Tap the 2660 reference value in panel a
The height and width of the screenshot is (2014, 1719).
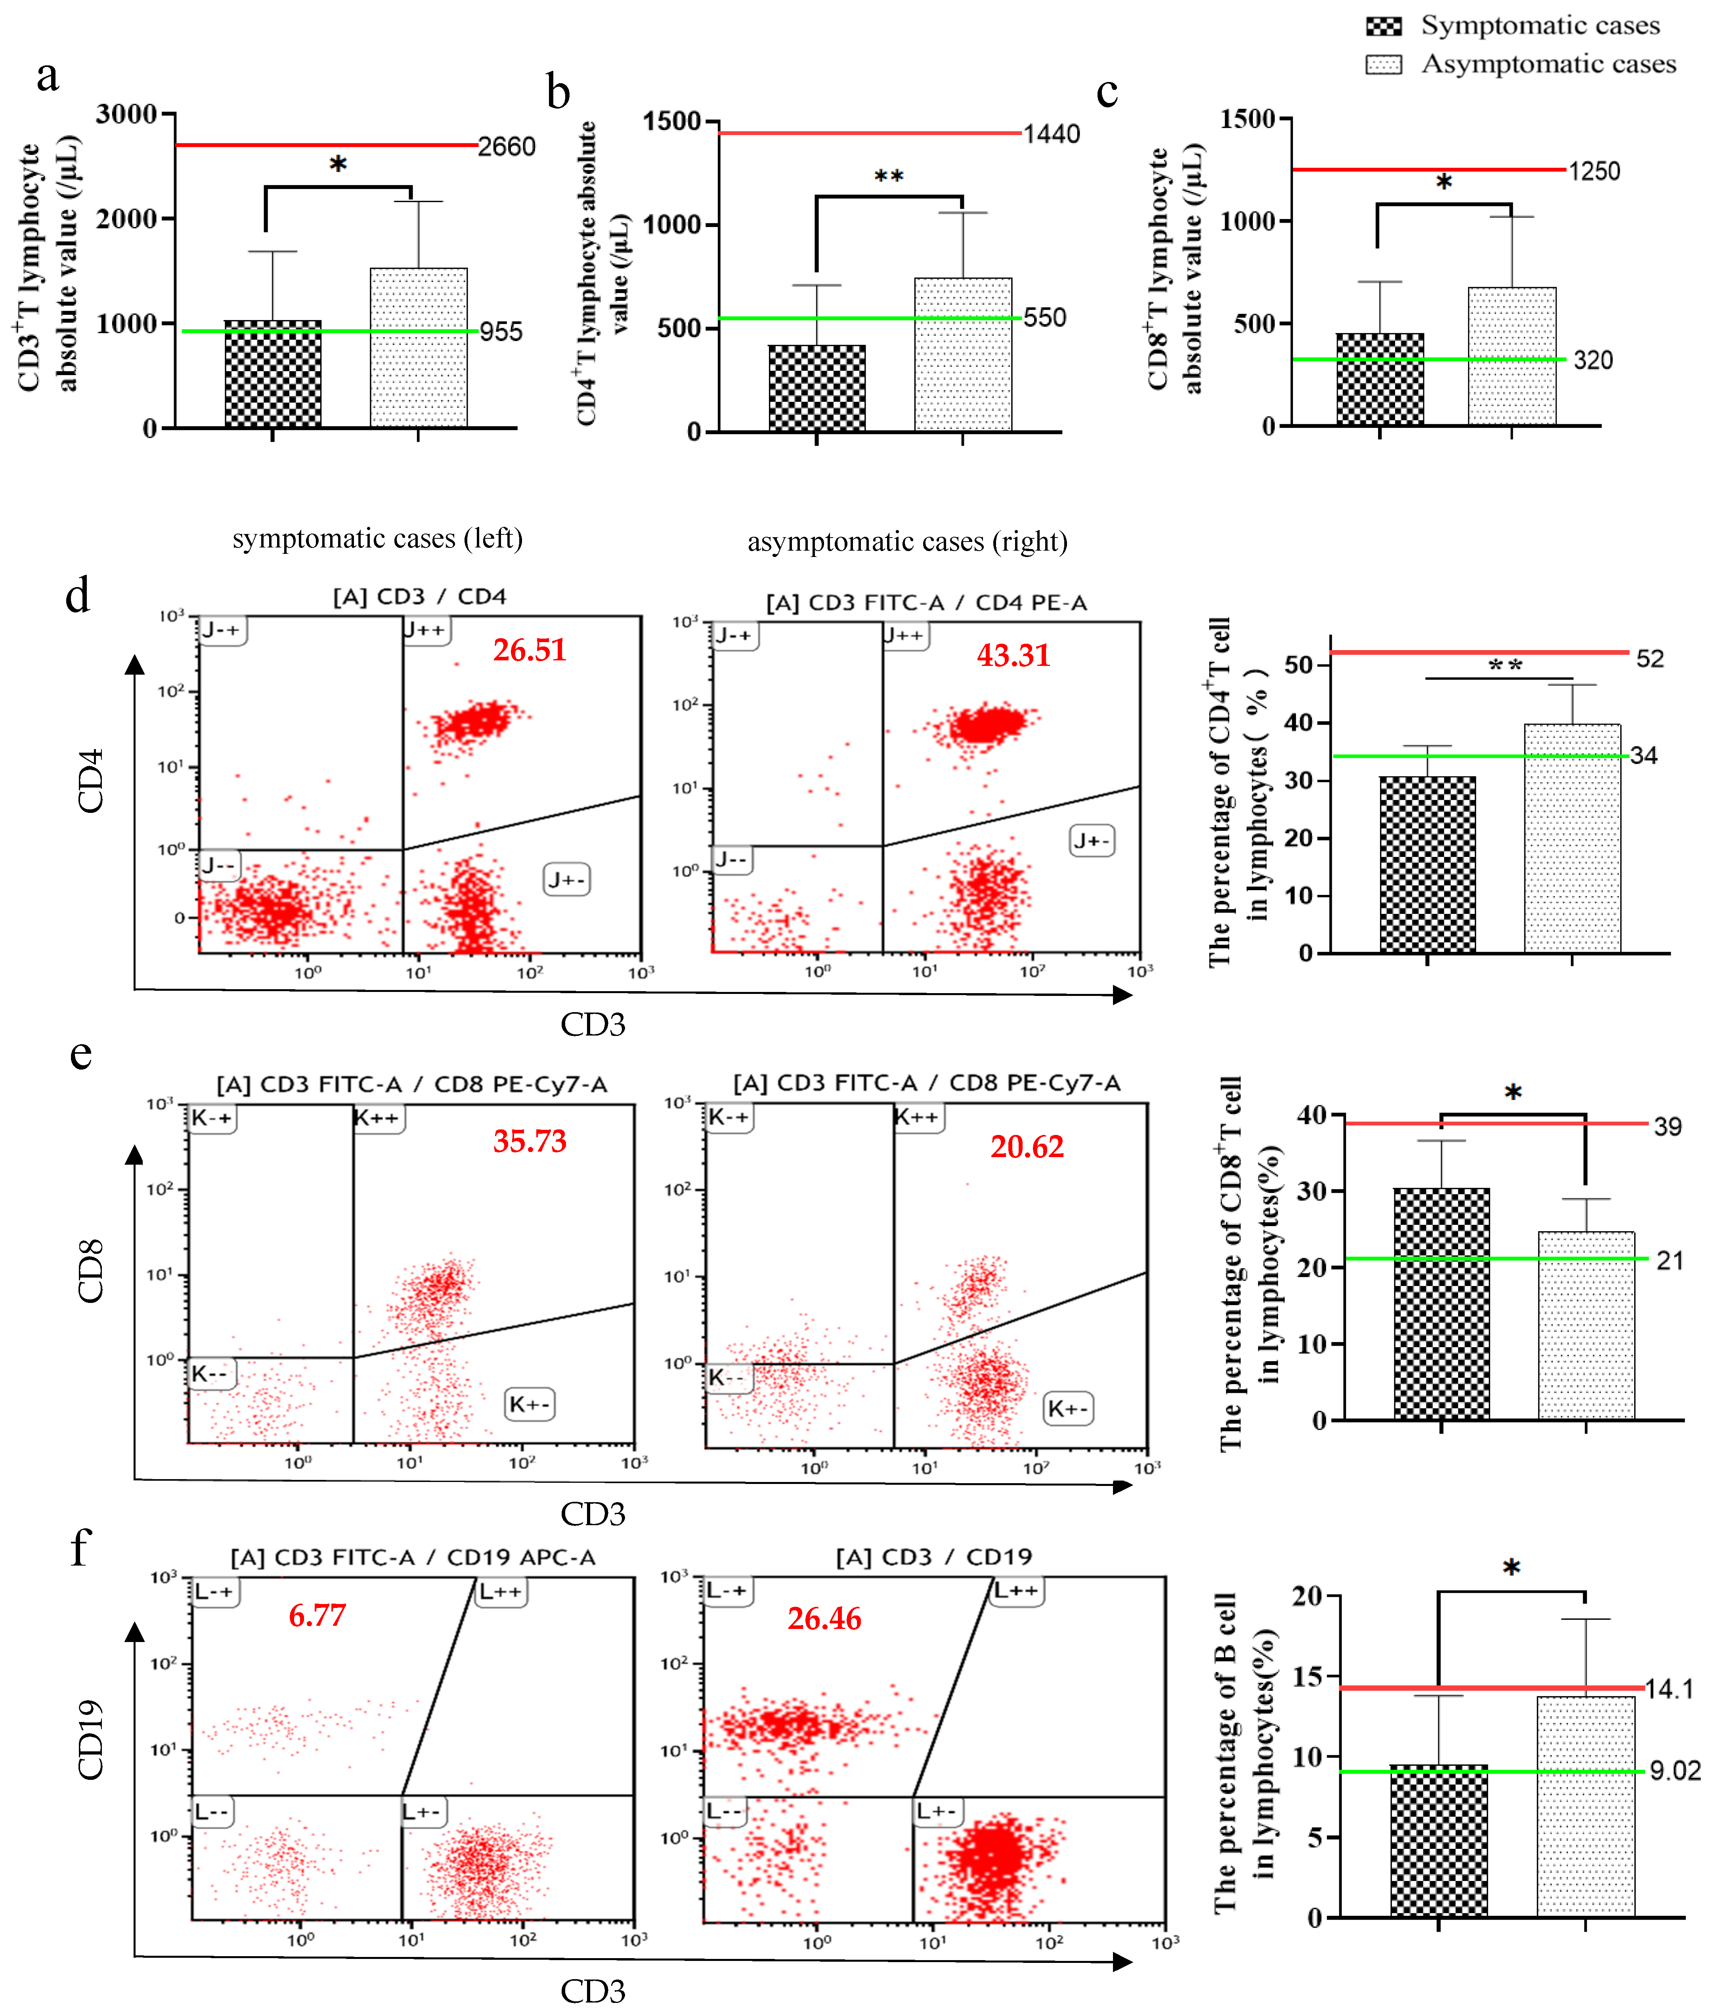(x=507, y=147)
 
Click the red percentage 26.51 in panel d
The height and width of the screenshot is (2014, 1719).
(x=529, y=649)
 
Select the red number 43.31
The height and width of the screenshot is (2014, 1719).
(x=1013, y=655)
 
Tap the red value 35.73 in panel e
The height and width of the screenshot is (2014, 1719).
(x=529, y=1140)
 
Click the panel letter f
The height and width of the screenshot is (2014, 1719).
(x=80, y=1545)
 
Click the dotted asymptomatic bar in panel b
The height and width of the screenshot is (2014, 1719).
(x=963, y=355)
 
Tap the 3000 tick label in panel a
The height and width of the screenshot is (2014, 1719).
(x=126, y=115)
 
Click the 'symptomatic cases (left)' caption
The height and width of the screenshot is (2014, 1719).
(x=377, y=538)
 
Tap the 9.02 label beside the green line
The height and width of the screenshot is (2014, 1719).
(x=1674, y=1771)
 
